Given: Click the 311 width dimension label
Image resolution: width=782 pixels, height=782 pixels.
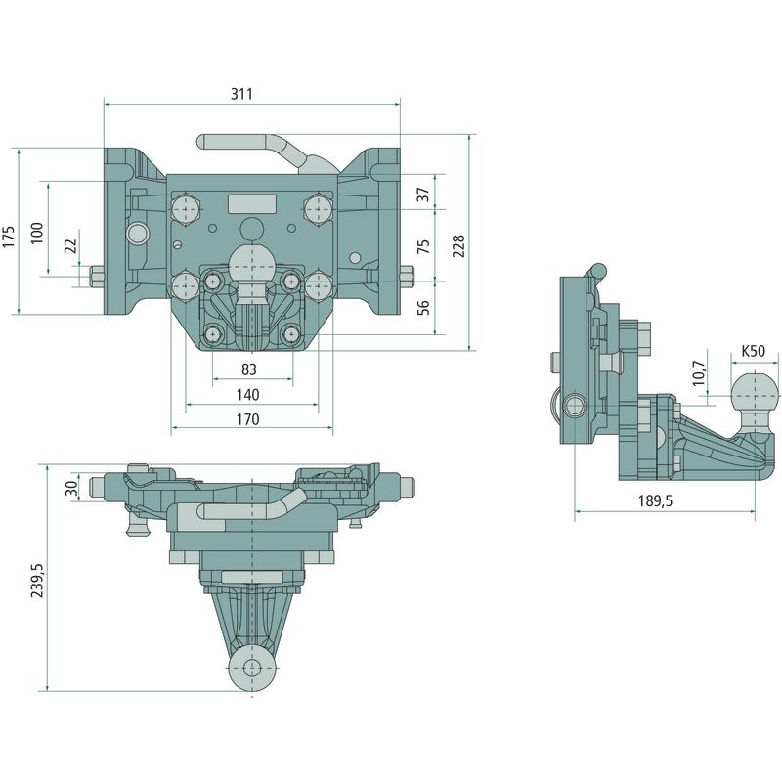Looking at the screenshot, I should tap(242, 94).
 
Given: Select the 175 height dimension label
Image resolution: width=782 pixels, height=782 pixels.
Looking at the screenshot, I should tap(9, 236).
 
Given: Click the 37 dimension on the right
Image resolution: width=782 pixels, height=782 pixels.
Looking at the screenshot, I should tap(423, 194).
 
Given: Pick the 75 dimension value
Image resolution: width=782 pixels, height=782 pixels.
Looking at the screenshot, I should tap(423, 246).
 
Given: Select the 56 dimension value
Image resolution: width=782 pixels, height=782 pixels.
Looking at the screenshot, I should tap(423, 307).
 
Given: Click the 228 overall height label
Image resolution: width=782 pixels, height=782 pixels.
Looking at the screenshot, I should tap(458, 244).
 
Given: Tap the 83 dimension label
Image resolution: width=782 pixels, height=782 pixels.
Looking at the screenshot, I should tap(248, 369).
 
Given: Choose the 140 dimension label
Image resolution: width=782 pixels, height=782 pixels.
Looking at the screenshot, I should tap(248, 394).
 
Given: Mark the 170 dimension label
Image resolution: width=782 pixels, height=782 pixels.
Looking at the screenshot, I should tap(248, 419).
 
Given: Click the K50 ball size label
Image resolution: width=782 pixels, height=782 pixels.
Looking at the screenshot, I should tap(753, 350).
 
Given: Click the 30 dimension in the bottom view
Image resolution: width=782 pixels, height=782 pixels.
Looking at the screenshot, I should tap(69, 487).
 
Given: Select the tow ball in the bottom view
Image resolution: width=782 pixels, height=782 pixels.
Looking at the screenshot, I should tap(254, 669).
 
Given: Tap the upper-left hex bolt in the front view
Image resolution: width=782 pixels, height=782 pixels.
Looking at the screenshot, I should tap(186, 210).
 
